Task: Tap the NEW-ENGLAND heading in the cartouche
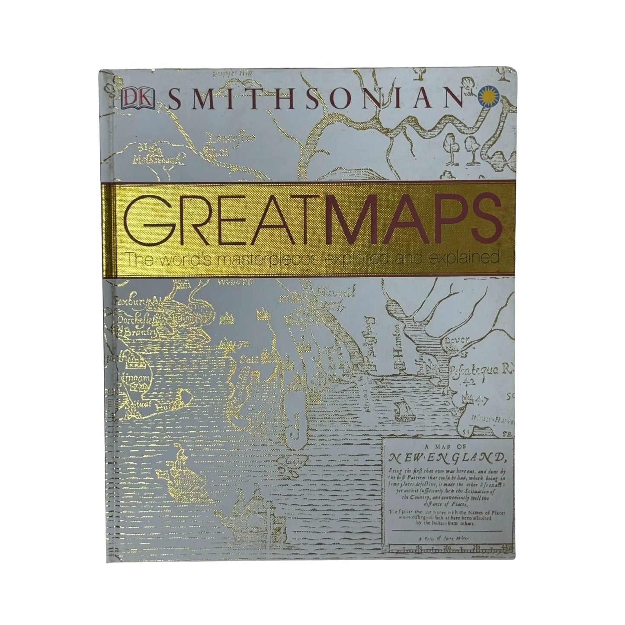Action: (448, 457)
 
